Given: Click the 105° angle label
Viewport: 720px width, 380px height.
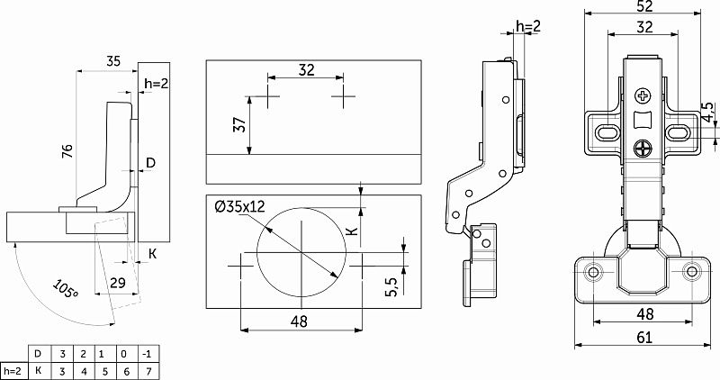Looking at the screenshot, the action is pyautogui.click(x=65, y=289).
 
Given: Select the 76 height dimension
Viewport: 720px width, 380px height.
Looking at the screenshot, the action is pyautogui.click(x=67, y=151).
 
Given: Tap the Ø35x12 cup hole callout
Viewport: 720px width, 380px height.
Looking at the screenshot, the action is pyautogui.click(x=240, y=207).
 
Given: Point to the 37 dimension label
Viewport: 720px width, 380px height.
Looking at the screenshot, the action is pyautogui.click(x=240, y=124).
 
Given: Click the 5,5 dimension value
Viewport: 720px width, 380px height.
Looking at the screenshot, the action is pyautogui.click(x=391, y=285).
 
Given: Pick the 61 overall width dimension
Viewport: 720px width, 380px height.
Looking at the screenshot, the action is pyautogui.click(x=644, y=338).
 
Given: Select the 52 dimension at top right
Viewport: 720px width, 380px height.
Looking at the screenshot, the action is pyautogui.click(x=644, y=6).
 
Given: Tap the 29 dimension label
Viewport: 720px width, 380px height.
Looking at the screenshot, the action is pyautogui.click(x=118, y=282).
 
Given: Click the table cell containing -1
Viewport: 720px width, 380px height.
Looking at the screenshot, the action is pyautogui.click(x=148, y=354).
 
